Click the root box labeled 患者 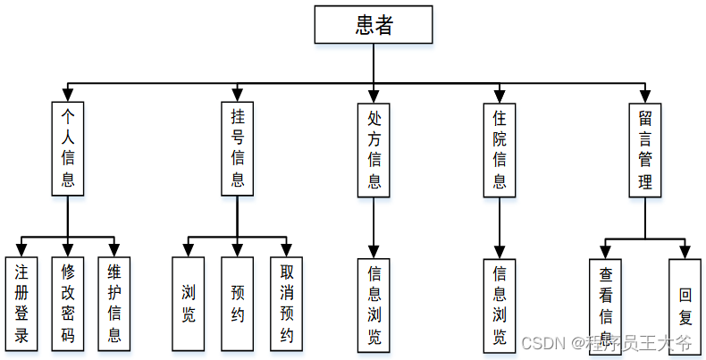373,25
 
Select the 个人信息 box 68,147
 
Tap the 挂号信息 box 238,147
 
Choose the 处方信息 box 374,147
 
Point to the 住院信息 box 500,147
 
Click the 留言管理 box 645,147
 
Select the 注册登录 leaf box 21,304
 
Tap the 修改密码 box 68,304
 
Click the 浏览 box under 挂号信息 189,304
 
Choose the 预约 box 238,304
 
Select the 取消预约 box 287,304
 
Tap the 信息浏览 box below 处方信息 374,304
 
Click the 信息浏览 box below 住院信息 500,304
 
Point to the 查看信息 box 605,304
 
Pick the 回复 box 686,304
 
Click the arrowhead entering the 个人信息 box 68,95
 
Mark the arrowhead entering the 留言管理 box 645,95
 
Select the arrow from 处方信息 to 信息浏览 374,228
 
